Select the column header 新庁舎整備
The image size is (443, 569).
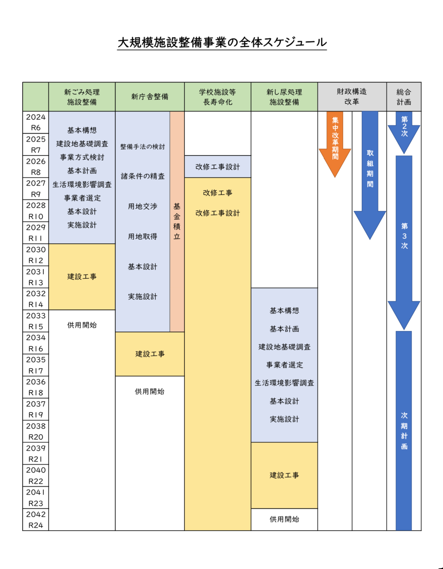[x=150, y=97]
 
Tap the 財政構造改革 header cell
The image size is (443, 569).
[x=352, y=97]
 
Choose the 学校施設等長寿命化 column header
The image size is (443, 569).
[x=217, y=97]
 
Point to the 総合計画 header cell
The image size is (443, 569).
[x=404, y=97]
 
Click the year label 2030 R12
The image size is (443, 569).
[x=36, y=255]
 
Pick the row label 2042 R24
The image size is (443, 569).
[x=36, y=520]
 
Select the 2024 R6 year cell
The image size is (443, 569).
[x=36, y=122]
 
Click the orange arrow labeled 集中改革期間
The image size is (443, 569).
[x=335, y=141]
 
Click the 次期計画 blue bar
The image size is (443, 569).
[x=404, y=430]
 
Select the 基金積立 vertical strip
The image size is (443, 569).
[x=177, y=221]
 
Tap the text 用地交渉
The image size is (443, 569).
[x=143, y=206]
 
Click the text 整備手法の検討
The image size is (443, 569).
[x=143, y=147]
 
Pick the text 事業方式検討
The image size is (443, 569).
[x=82, y=157]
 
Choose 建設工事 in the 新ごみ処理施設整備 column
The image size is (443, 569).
[x=82, y=277]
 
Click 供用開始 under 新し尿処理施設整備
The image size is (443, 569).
[x=284, y=519]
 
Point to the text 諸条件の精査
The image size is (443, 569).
[x=143, y=176]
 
